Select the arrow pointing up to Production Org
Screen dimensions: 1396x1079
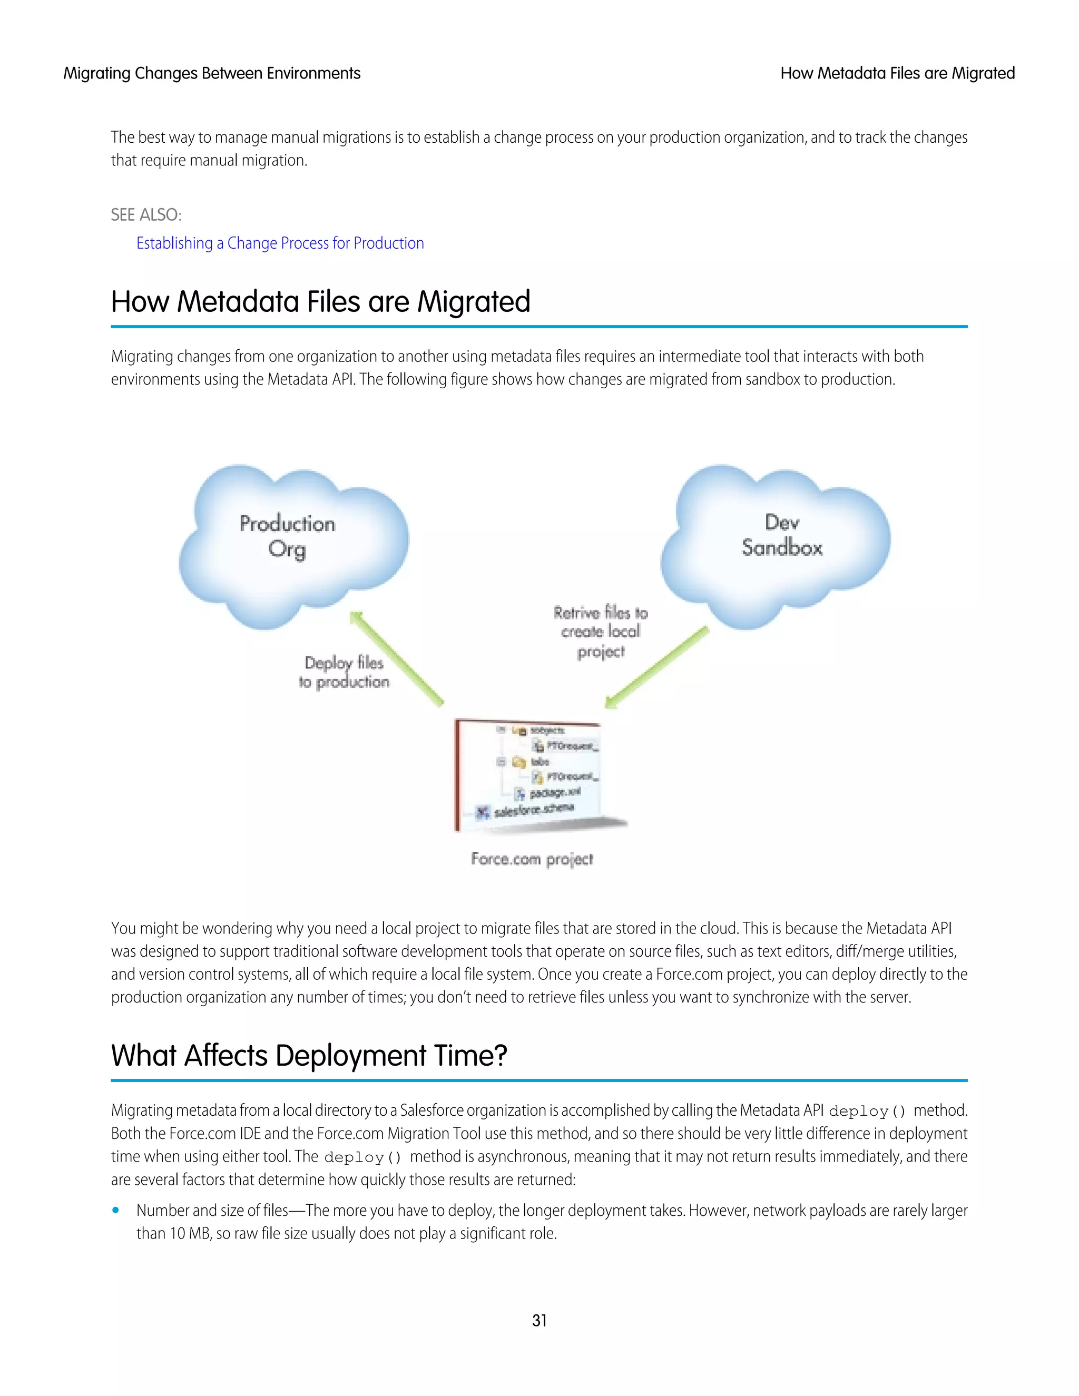396,658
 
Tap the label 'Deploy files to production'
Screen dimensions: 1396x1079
344,672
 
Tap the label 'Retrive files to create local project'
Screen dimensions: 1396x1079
600,632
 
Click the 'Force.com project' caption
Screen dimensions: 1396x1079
532,859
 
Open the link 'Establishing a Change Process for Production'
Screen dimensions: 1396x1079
280,243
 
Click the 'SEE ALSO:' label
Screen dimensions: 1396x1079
146,215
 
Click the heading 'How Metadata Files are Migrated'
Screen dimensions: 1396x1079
320,302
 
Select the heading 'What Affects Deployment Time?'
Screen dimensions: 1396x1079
309,1055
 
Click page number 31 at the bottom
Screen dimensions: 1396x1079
539,1321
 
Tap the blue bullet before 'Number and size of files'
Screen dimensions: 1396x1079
116,1210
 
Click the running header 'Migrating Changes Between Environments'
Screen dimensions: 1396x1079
212,74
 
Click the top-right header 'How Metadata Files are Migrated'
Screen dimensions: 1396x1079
897,74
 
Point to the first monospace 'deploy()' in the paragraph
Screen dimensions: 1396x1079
867,1112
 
